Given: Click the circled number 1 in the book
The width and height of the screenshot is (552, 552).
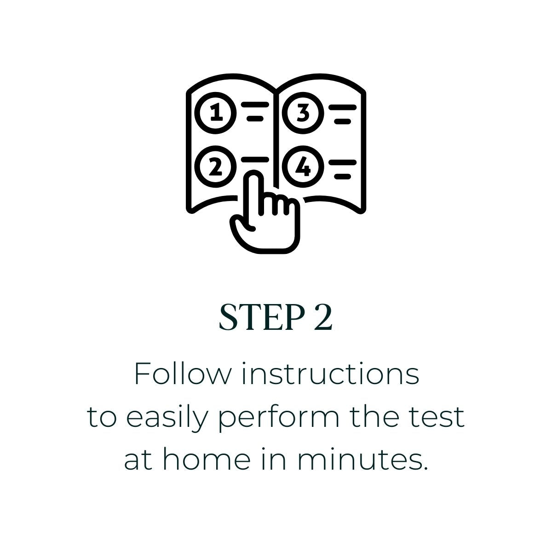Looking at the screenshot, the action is click(216, 113).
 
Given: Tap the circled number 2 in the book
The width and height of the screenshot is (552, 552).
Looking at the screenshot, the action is click(216, 167).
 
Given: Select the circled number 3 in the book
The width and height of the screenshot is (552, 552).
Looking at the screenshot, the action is click(303, 113).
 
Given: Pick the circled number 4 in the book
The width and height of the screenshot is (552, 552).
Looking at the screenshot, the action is click(303, 167).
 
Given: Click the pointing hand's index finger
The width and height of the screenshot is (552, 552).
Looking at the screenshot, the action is click(253, 192).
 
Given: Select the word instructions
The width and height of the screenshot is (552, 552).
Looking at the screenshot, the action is click(331, 374).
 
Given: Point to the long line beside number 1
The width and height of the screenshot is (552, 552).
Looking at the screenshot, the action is click(255, 105).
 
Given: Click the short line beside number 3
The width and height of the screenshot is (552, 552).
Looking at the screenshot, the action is click(343, 121).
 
